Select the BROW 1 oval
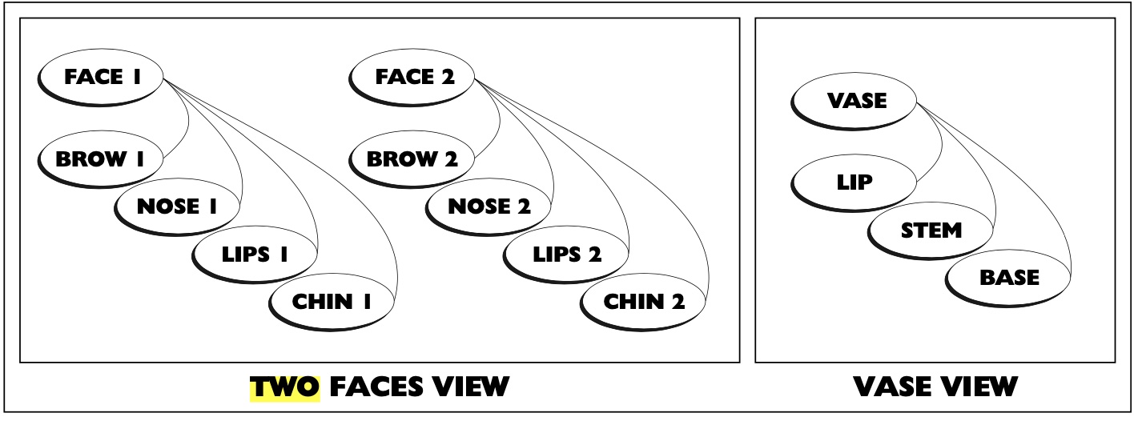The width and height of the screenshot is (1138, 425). (100, 158)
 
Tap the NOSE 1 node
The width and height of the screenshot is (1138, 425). (177, 206)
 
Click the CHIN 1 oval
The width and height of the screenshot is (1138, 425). (332, 302)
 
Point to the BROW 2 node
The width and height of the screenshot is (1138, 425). (412, 158)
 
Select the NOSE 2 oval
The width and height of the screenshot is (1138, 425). (489, 206)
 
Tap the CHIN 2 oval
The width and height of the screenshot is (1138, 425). (644, 302)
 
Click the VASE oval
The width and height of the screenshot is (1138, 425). (855, 101)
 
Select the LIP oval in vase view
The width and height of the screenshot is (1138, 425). (855, 182)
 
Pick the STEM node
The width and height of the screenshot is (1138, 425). (931, 230)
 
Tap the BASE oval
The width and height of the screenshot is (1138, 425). (1008, 278)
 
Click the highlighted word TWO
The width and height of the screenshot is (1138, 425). (285, 387)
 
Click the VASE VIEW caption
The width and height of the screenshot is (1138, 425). (935, 387)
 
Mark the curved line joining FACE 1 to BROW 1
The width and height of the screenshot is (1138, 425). (187, 120)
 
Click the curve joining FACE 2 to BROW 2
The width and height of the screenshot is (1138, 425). (499, 120)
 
